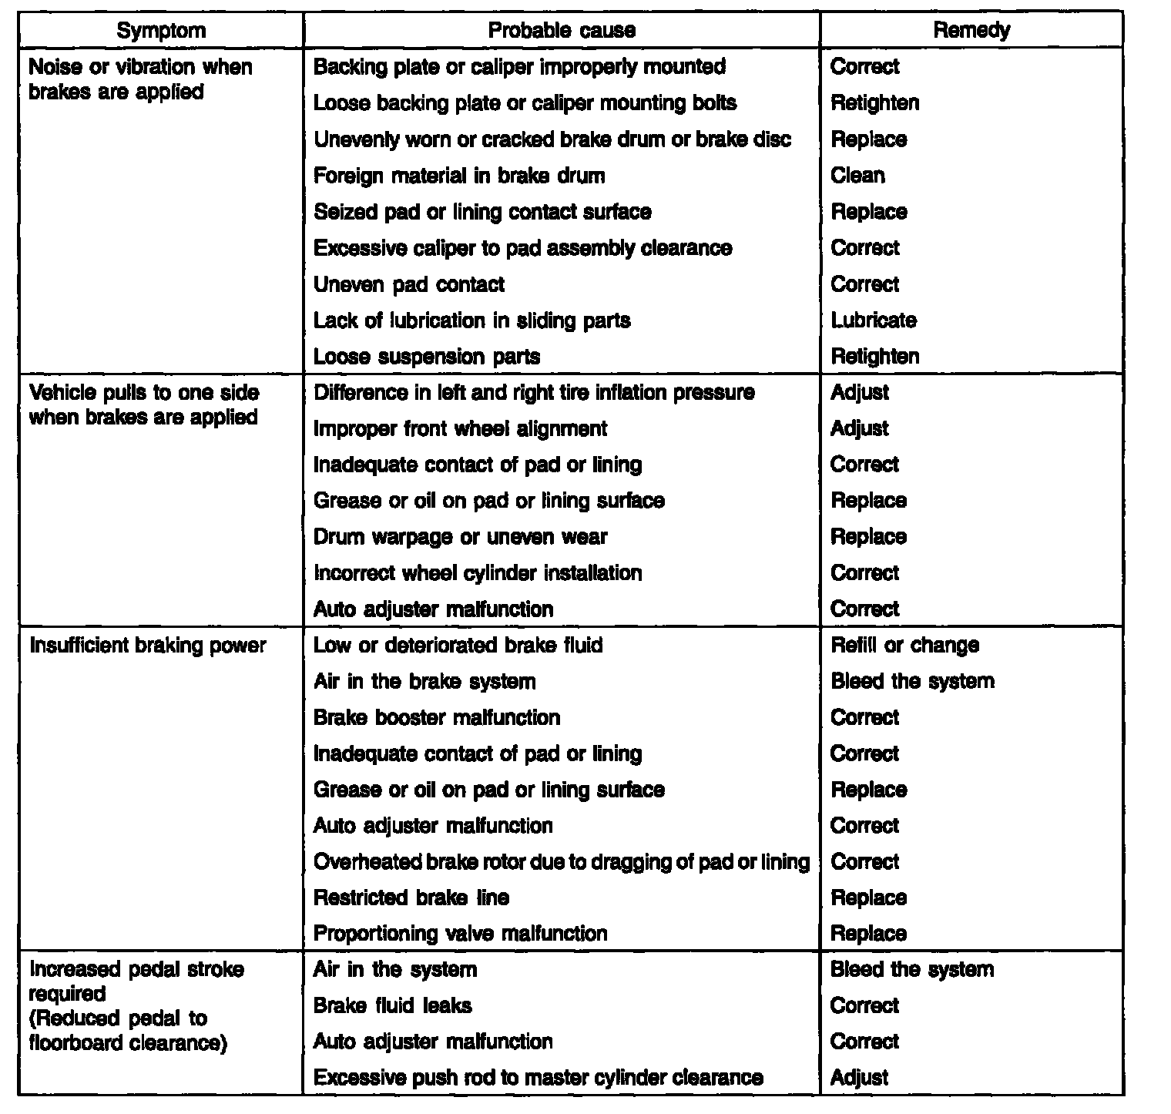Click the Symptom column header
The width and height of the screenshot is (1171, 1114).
pos(161,31)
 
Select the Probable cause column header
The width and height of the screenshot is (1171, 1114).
pos(562,31)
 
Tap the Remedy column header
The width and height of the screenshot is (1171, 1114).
pos(971,31)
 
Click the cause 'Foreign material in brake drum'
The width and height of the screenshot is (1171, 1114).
pos(458,176)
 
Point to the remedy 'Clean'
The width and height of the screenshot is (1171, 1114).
pos(857,176)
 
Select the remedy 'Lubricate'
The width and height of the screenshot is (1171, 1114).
pos(874,320)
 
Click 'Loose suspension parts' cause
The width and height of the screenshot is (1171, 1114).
pos(427,357)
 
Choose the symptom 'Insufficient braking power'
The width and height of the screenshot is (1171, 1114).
pos(147,646)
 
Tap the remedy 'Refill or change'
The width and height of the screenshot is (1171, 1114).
pos(904,646)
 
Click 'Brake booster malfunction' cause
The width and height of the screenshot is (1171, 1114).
pos(437,718)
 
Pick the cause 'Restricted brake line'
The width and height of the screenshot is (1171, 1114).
pos(411,898)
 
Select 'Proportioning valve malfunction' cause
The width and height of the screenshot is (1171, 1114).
pos(460,934)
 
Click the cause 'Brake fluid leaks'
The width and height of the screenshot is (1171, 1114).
pos(392,1006)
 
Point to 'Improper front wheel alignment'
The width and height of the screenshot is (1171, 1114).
pos(460,429)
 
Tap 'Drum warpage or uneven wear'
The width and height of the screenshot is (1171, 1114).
pos(460,537)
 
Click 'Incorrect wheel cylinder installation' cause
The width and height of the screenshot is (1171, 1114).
pos(477,573)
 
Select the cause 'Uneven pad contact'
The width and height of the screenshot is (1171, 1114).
pos(408,285)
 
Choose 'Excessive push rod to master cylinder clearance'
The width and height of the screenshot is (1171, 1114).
pos(538,1078)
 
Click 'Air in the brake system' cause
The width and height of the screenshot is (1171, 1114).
pos(424,682)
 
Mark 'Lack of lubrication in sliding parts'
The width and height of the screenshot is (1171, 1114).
pos(471,320)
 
